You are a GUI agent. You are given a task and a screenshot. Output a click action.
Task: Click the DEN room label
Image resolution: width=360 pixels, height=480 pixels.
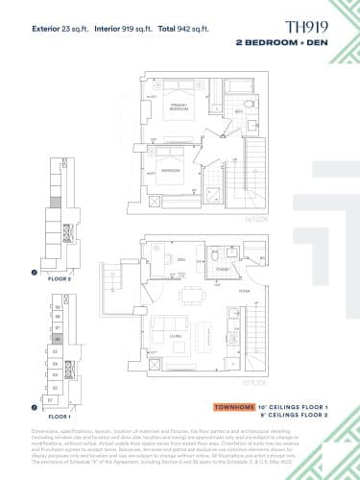tap(180, 259)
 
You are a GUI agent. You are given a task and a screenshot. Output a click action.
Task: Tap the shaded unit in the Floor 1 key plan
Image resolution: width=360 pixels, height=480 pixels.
tap(58, 339)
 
